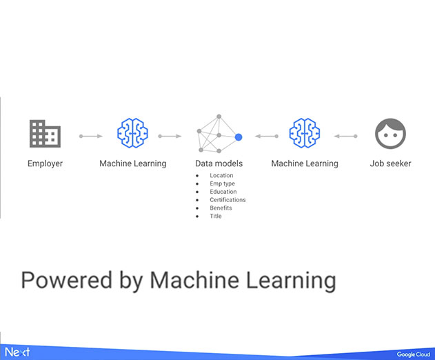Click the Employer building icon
(x=45, y=134)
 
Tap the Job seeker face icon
(x=390, y=134)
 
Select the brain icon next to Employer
(x=132, y=133)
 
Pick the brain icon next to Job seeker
(x=305, y=133)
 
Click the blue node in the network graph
(x=239, y=137)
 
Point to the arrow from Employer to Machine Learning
(x=91, y=136)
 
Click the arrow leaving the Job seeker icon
(x=345, y=136)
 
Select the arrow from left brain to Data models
(x=170, y=136)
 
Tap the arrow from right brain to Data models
(x=267, y=136)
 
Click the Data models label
(x=219, y=163)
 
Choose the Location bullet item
(x=221, y=175)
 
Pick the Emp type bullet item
(x=222, y=183)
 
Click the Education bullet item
(x=223, y=192)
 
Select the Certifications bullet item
(x=227, y=200)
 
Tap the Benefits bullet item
(x=221, y=208)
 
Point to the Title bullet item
(x=216, y=216)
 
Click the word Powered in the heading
(x=67, y=280)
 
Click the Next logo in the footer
(x=17, y=352)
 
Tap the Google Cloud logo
(x=414, y=354)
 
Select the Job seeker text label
(x=390, y=163)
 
